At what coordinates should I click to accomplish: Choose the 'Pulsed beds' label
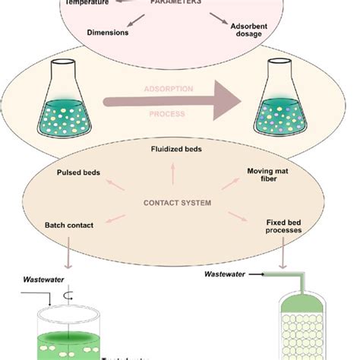pos(78,172)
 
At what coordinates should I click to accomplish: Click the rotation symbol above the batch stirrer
pos(71,292)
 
